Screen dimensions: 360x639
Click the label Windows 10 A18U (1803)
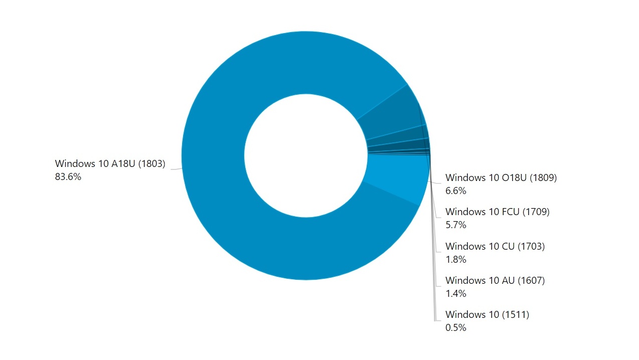(110, 163)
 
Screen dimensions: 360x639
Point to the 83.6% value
(68, 176)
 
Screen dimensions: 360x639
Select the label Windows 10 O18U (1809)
(501, 177)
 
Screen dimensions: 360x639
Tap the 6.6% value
(455, 191)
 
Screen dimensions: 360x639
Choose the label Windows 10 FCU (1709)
(497, 212)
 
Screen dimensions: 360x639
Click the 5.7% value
(455, 225)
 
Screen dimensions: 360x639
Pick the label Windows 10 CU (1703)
(495, 246)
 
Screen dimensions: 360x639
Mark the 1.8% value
(455, 259)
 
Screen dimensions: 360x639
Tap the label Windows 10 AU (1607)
(495, 281)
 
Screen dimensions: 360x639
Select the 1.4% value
(455, 293)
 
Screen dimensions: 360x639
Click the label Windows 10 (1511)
(487, 315)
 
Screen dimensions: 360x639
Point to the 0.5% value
(455, 328)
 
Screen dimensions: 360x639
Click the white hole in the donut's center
(305, 155)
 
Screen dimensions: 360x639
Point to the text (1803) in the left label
(151, 163)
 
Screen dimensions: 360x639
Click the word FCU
(511, 212)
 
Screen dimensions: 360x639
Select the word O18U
(514, 177)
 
